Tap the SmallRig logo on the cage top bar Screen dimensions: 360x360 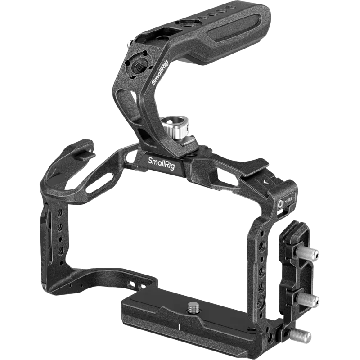coord(162,160)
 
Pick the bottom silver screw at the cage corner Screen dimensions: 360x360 coord(302,335)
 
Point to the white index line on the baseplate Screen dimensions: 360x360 coord(179,326)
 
